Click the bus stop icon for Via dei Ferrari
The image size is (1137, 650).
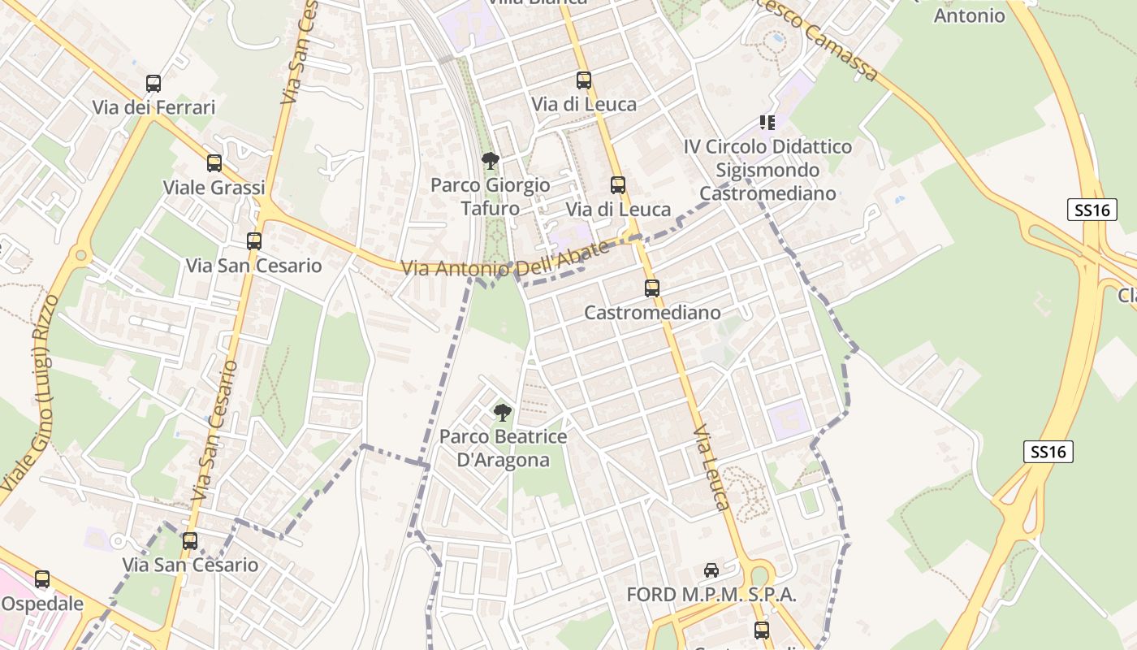(153, 83)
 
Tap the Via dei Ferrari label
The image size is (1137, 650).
(153, 107)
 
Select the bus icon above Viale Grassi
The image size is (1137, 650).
(214, 163)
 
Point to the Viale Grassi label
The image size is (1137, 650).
(214, 188)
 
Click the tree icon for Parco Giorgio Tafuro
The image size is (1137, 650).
(490, 161)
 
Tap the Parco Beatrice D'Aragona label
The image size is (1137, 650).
(503, 448)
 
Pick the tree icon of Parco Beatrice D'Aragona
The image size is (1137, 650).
(503, 412)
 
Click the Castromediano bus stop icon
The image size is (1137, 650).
(651, 288)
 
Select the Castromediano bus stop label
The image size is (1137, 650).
(652, 312)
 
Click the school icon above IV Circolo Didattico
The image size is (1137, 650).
(767, 123)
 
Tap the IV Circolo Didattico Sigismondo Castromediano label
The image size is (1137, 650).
(767, 170)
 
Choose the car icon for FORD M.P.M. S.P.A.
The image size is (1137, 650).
(711, 570)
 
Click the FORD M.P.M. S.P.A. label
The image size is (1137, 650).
(711, 595)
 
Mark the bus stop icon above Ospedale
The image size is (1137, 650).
(42, 579)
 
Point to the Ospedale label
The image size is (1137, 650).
(42, 604)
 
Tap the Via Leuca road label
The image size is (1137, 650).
(711, 466)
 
